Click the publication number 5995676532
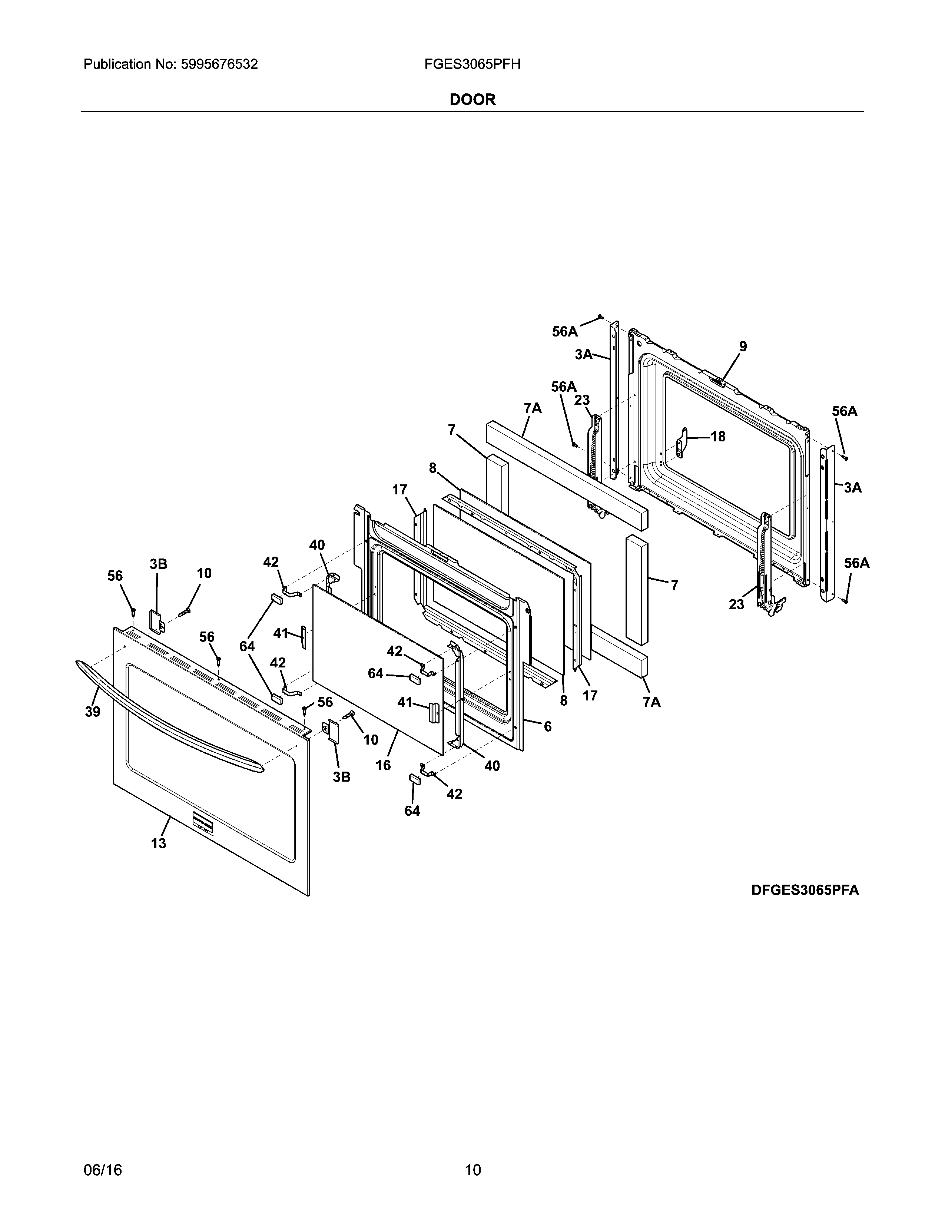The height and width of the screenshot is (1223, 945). tap(219, 64)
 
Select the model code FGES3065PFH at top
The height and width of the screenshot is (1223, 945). tap(472, 64)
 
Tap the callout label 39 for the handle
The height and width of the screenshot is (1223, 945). tap(92, 712)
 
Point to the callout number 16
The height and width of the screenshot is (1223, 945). tap(383, 765)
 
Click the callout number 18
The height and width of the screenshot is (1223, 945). tap(718, 436)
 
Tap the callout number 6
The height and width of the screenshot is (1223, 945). tap(547, 726)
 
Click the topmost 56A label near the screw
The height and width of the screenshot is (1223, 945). tap(564, 332)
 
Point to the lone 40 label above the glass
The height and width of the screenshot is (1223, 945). tap(317, 545)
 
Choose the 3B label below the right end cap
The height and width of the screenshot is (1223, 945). tap(342, 777)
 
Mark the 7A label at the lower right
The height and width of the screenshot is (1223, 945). tap(651, 702)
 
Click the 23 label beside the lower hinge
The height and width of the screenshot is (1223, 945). tap(736, 604)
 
